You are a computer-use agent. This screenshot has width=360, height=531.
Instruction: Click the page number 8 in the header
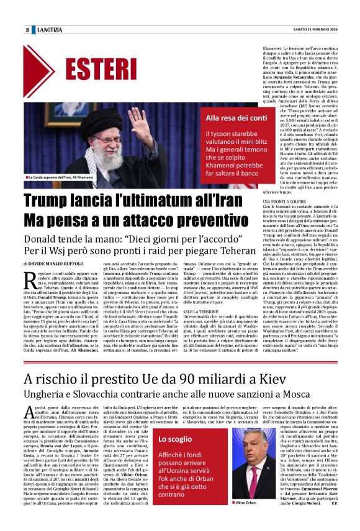click(x=27, y=30)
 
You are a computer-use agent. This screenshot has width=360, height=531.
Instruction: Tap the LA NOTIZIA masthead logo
click(x=50, y=30)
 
